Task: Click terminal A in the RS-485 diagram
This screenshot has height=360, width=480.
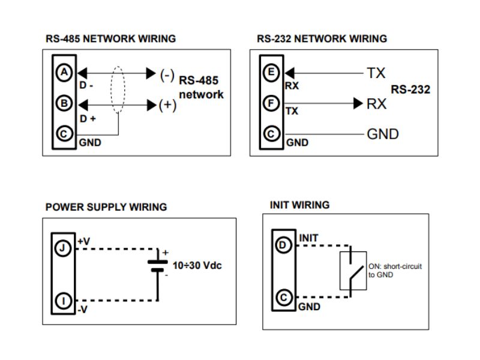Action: click(x=63, y=73)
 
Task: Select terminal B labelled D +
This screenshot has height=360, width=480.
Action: click(x=63, y=103)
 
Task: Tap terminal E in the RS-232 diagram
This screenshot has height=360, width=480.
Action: click(x=272, y=73)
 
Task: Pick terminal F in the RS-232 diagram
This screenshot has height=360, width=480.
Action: click(x=272, y=103)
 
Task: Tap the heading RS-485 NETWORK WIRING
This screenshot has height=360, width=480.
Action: click(x=111, y=39)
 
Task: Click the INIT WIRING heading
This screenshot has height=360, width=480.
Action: click(x=299, y=205)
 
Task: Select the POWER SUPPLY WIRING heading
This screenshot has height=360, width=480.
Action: click(x=106, y=208)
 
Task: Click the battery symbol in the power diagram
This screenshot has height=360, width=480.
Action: click(x=157, y=265)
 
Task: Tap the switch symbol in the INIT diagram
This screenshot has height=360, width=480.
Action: click(x=353, y=270)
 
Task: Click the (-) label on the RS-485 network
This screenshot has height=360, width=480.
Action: click(x=167, y=74)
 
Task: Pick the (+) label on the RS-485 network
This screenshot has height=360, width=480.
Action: click(x=167, y=106)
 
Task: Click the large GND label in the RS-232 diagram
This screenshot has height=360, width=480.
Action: click(x=383, y=134)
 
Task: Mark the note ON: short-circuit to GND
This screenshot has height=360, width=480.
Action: click(x=394, y=270)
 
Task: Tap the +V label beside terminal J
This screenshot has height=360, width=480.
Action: click(x=84, y=241)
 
